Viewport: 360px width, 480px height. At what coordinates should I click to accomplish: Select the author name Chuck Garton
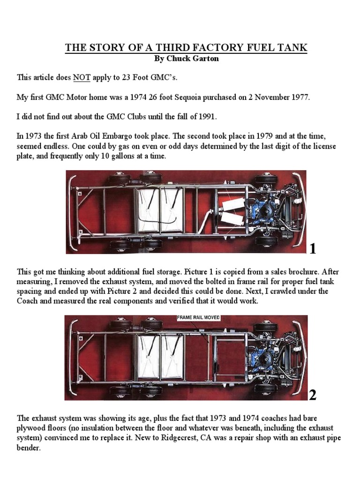[186, 59]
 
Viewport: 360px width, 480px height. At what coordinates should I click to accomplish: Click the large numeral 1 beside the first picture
[313, 249]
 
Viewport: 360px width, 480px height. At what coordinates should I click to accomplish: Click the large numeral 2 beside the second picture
[313, 396]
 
